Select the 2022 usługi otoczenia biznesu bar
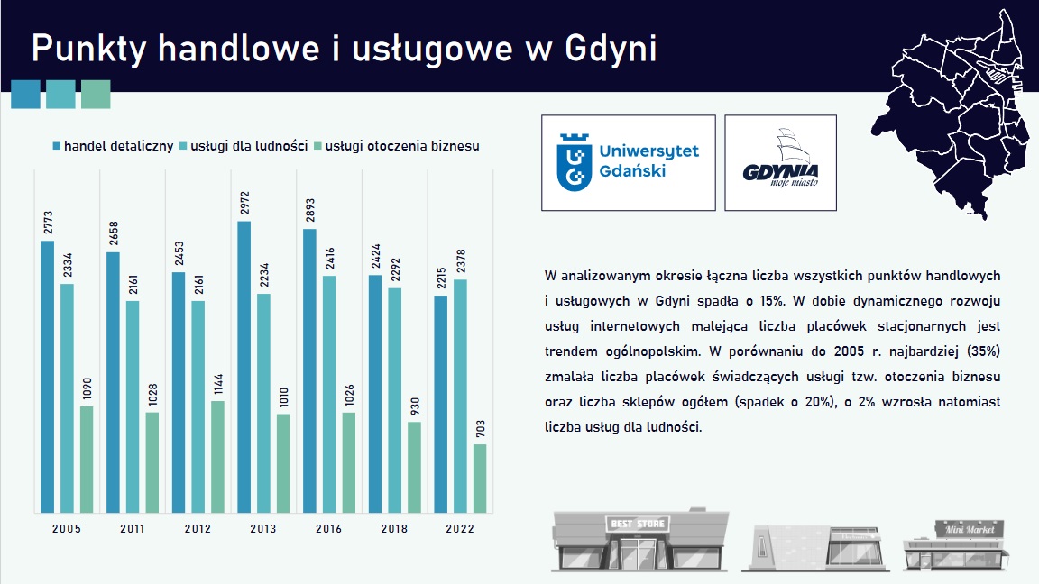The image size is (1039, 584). (x=480, y=479)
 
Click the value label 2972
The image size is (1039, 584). (x=244, y=202)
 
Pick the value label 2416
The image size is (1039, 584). (x=329, y=258)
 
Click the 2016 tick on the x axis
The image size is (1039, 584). (x=329, y=529)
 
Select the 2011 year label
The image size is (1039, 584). (x=133, y=529)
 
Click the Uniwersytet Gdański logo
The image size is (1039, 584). (x=629, y=163)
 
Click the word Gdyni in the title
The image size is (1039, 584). (x=611, y=49)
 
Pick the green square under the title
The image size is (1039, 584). (x=96, y=95)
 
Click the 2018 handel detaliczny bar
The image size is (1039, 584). (x=374, y=394)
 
